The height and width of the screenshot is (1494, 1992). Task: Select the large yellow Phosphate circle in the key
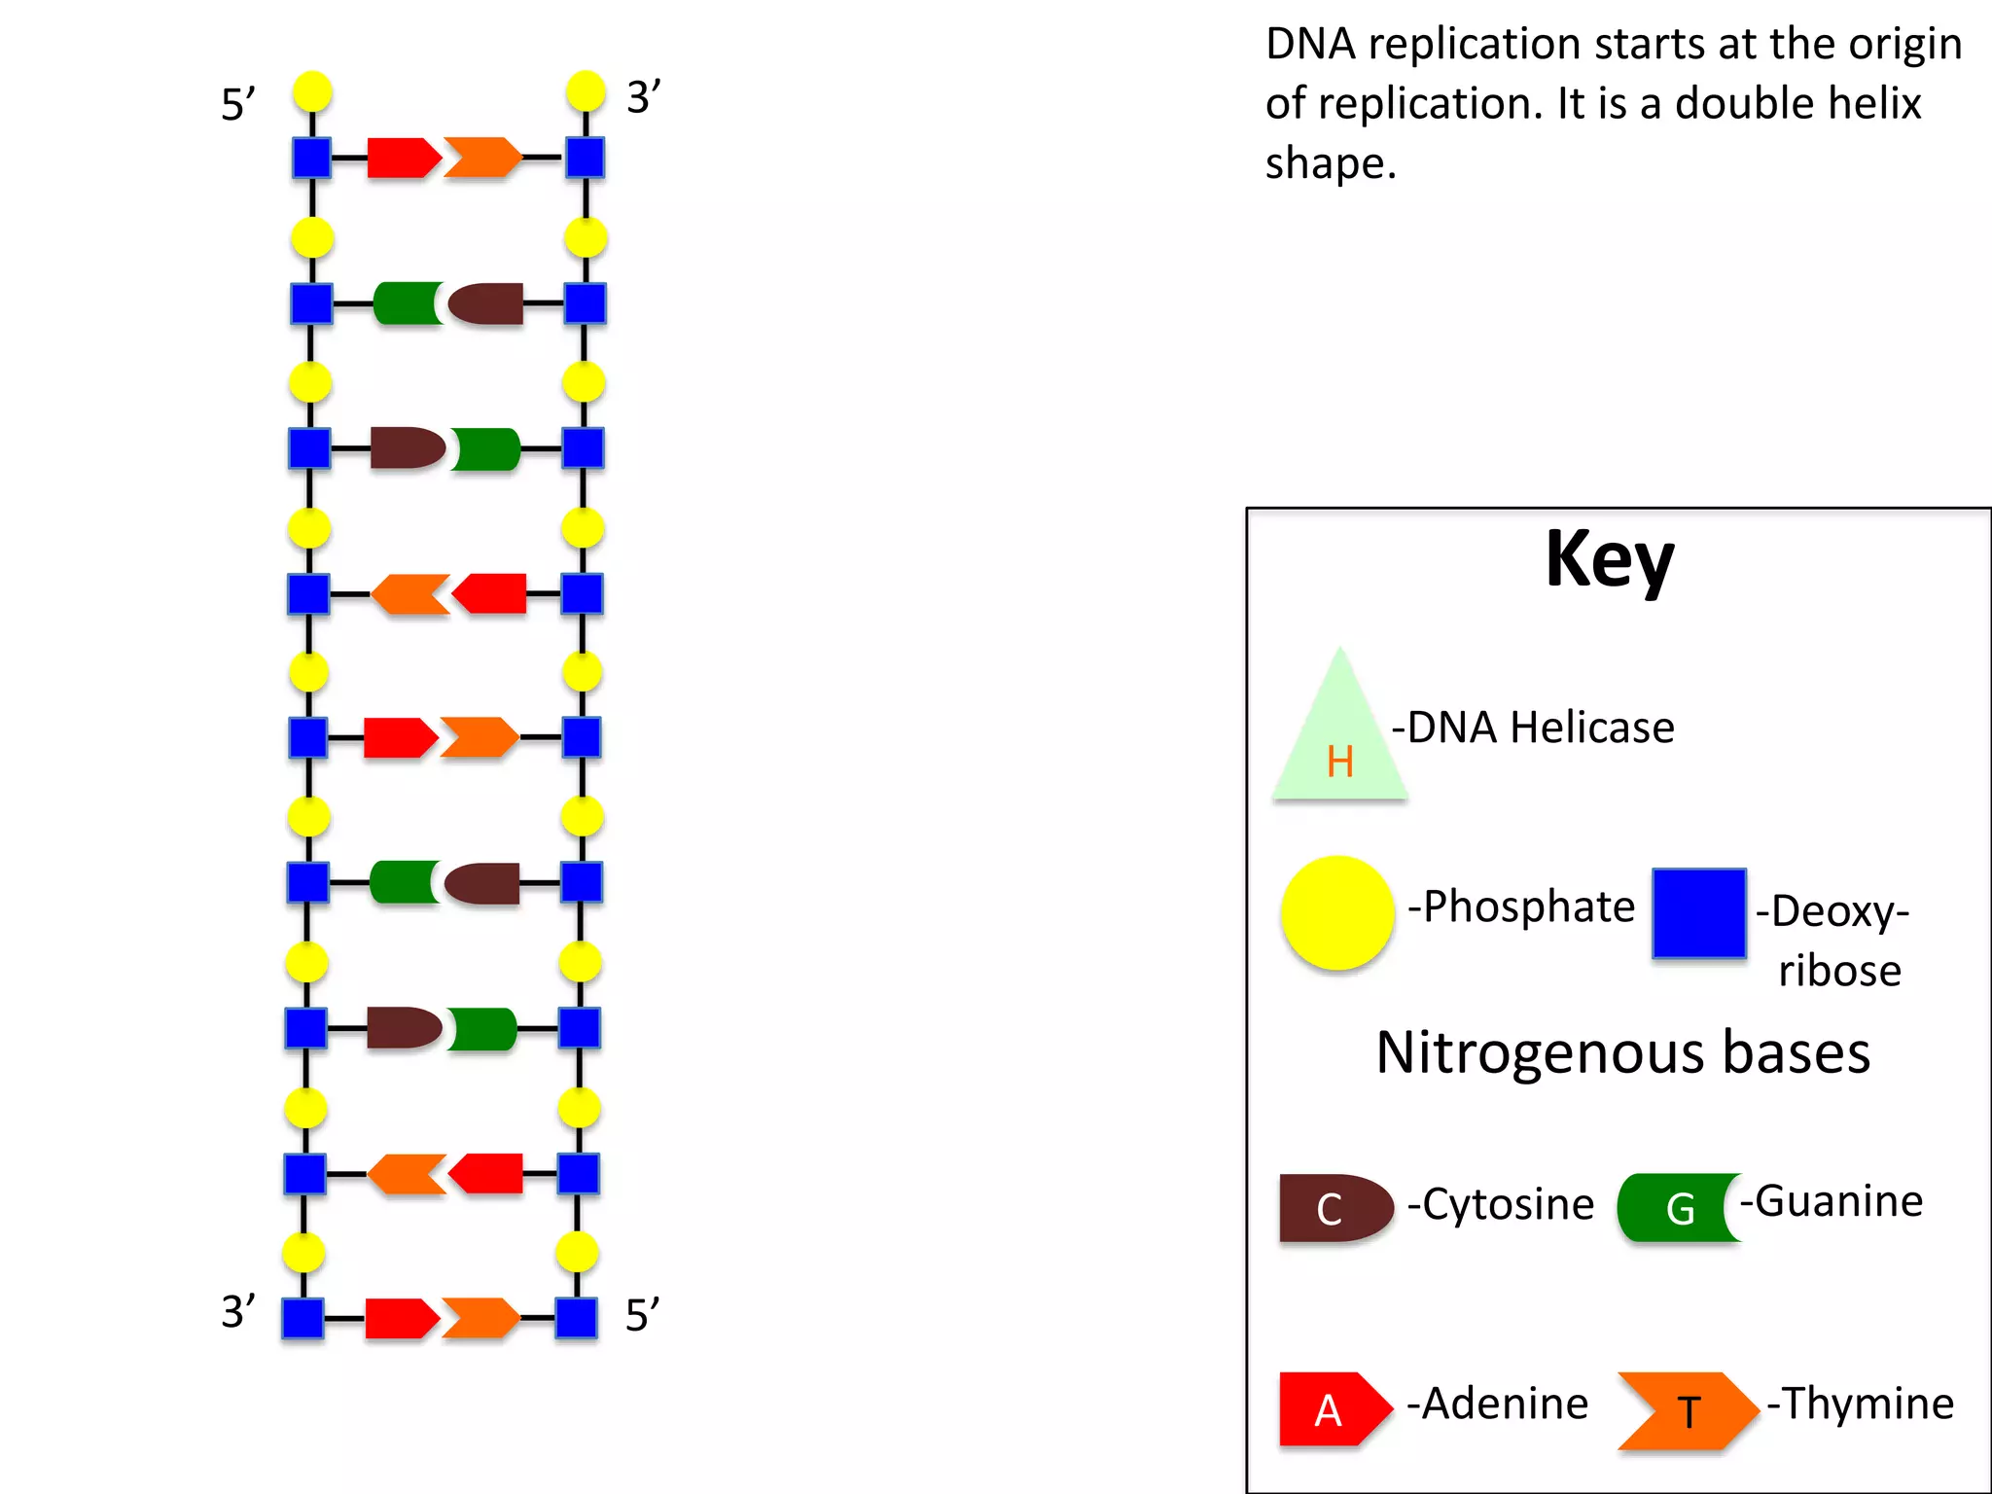pyautogui.click(x=1337, y=912)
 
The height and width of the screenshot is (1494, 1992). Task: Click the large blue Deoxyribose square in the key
pyautogui.click(x=1698, y=913)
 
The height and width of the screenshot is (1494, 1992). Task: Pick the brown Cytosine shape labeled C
pyautogui.click(x=1334, y=1208)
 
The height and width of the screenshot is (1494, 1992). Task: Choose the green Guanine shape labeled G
pyautogui.click(x=1675, y=1208)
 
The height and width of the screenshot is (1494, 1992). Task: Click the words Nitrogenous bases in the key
pyautogui.click(x=1622, y=1052)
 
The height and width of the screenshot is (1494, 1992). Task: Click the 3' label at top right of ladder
pyautogui.click(x=643, y=97)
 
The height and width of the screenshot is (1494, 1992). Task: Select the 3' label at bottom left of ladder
pyautogui.click(x=238, y=1312)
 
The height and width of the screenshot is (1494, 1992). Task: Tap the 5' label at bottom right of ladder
pyautogui.click(x=642, y=1315)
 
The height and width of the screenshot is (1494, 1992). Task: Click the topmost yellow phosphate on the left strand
pyautogui.click(x=312, y=91)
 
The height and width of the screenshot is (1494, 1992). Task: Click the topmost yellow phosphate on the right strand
pyautogui.click(x=586, y=91)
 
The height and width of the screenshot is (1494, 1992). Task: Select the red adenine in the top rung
pyautogui.click(x=402, y=158)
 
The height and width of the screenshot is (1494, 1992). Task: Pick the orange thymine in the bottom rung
pyautogui.click(x=480, y=1318)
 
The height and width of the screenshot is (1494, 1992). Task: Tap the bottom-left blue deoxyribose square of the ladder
pyautogui.click(x=302, y=1318)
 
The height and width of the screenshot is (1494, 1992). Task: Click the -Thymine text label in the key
pyautogui.click(x=1860, y=1404)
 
